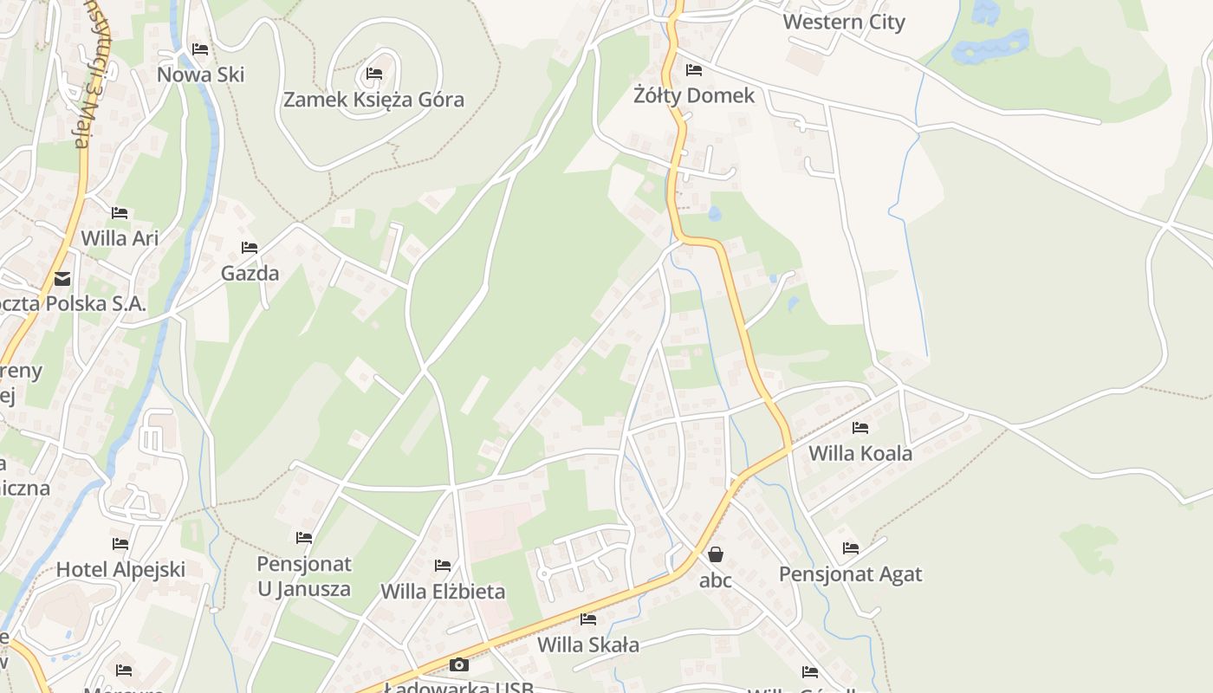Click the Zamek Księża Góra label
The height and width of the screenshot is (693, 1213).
coord(373,100)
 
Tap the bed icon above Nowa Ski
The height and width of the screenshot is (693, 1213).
coord(200,49)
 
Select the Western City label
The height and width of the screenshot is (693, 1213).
coord(843,23)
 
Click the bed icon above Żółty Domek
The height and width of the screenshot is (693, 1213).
coord(693,70)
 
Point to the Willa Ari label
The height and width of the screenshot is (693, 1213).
coord(120,237)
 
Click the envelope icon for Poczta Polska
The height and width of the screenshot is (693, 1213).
coord(62,279)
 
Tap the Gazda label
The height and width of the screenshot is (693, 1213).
coord(250,274)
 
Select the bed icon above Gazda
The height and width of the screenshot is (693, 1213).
coord(250,248)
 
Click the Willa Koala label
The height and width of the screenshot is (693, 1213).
coord(859,453)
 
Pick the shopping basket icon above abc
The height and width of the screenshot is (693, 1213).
coord(716,554)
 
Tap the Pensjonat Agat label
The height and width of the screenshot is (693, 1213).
coord(850,574)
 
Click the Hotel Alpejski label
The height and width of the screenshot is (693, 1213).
coord(120,570)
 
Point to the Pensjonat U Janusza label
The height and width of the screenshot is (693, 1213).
coord(304,576)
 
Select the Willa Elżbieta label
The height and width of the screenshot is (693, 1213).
coord(443,593)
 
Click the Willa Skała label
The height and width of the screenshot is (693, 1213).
coord(588,644)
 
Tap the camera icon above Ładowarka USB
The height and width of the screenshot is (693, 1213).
coord(459,665)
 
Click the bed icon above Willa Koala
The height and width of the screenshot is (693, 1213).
coord(859,427)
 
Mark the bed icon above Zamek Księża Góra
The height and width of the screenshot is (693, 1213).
coord(374,74)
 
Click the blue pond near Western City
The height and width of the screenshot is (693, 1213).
coord(992,45)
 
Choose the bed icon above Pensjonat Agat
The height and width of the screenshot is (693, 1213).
coord(850,548)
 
